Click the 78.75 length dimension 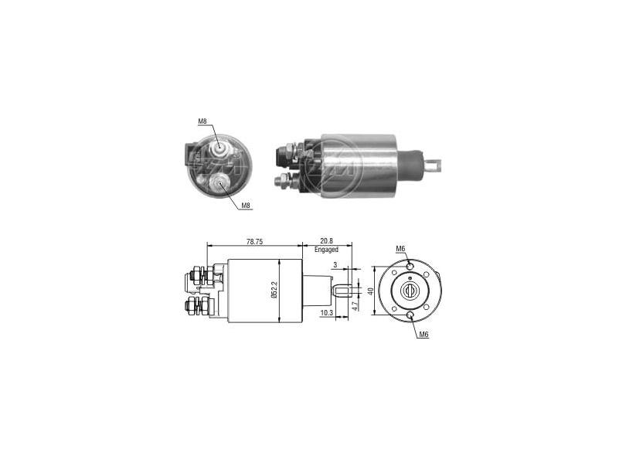click(254, 241)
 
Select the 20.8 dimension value click(326, 241)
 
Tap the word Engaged click(326, 249)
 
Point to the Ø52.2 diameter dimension click(274, 290)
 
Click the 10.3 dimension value click(326, 313)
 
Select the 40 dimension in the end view click(370, 291)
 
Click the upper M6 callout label click(400, 249)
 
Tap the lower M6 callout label click(424, 335)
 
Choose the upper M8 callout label click(202, 121)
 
